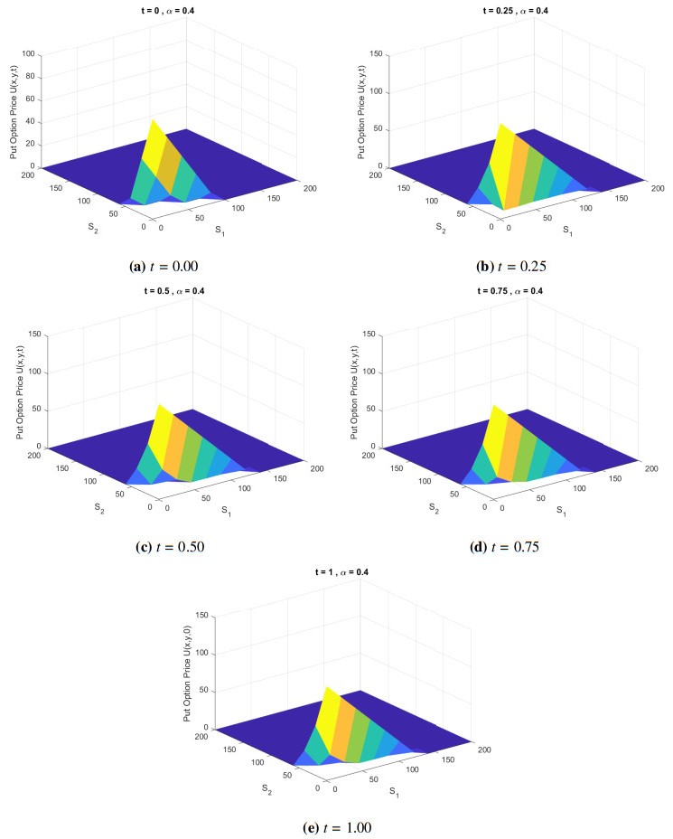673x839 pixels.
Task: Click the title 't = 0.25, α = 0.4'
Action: (x=509, y=10)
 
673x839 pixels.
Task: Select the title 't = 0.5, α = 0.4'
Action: (x=169, y=290)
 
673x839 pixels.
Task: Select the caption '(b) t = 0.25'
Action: (x=511, y=266)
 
